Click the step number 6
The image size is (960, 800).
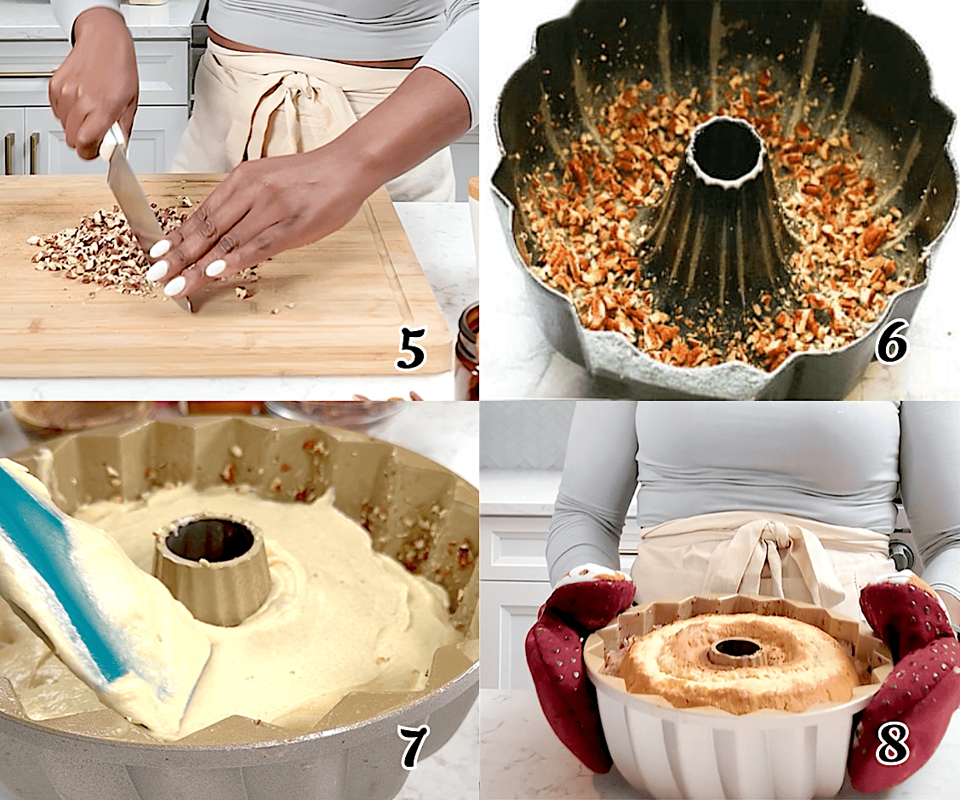coord(891,343)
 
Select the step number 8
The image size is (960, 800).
coord(892,746)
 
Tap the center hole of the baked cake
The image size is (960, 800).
coord(737,649)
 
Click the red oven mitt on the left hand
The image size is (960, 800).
coord(579,655)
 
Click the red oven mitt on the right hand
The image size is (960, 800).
coord(906,672)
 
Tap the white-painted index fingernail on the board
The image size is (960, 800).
coord(159,249)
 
